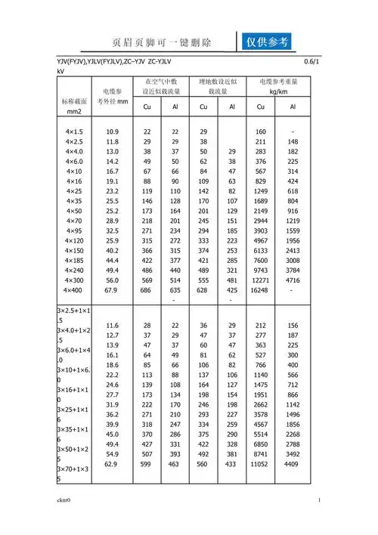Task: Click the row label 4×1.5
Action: pos(74,131)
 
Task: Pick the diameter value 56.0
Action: pos(112,279)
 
